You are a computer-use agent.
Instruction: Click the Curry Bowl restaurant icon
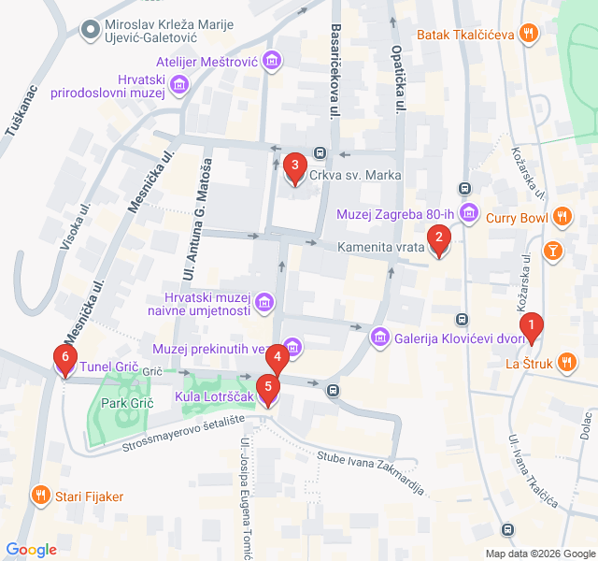[x=561, y=219]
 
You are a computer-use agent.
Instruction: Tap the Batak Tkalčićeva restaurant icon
[x=529, y=35]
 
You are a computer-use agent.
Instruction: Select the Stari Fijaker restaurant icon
[x=41, y=496]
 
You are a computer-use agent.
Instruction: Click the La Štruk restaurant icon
[x=566, y=363]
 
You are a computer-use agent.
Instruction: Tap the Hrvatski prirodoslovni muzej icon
[x=179, y=86]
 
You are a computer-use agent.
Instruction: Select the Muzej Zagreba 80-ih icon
[x=468, y=211]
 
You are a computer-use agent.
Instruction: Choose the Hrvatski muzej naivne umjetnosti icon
[x=264, y=302]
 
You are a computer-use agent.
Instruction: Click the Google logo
[x=31, y=549]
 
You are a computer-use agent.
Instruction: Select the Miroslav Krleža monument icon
[x=91, y=31]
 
